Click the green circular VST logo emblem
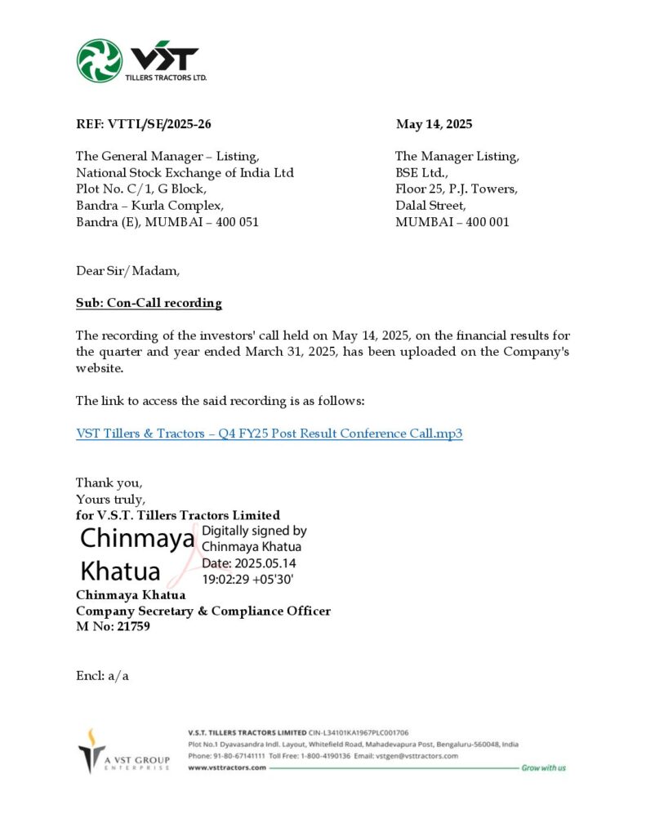pyautogui.click(x=99, y=60)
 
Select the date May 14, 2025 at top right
pyautogui.click(x=434, y=124)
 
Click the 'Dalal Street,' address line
pyautogui.click(x=430, y=205)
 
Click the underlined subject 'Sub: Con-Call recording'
pyautogui.click(x=149, y=303)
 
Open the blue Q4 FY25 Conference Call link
pyautogui.click(x=270, y=434)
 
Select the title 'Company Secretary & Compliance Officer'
pyautogui.click(x=203, y=611)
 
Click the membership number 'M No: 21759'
pyautogui.click(x=113, y=627)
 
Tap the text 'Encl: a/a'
pyautogui.click(x=102, y=675)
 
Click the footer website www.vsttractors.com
pyautogui.click(x=227, y=768)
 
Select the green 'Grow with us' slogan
pyautogui.click(x=543, y=768)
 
